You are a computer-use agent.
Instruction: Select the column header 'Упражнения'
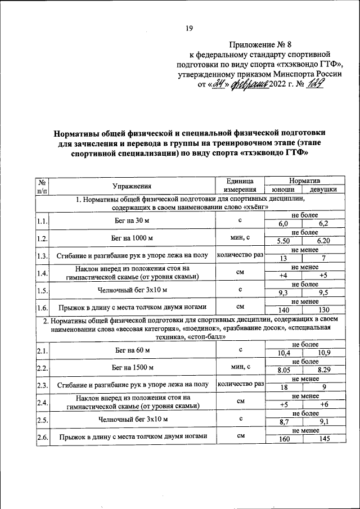coord(131,186)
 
